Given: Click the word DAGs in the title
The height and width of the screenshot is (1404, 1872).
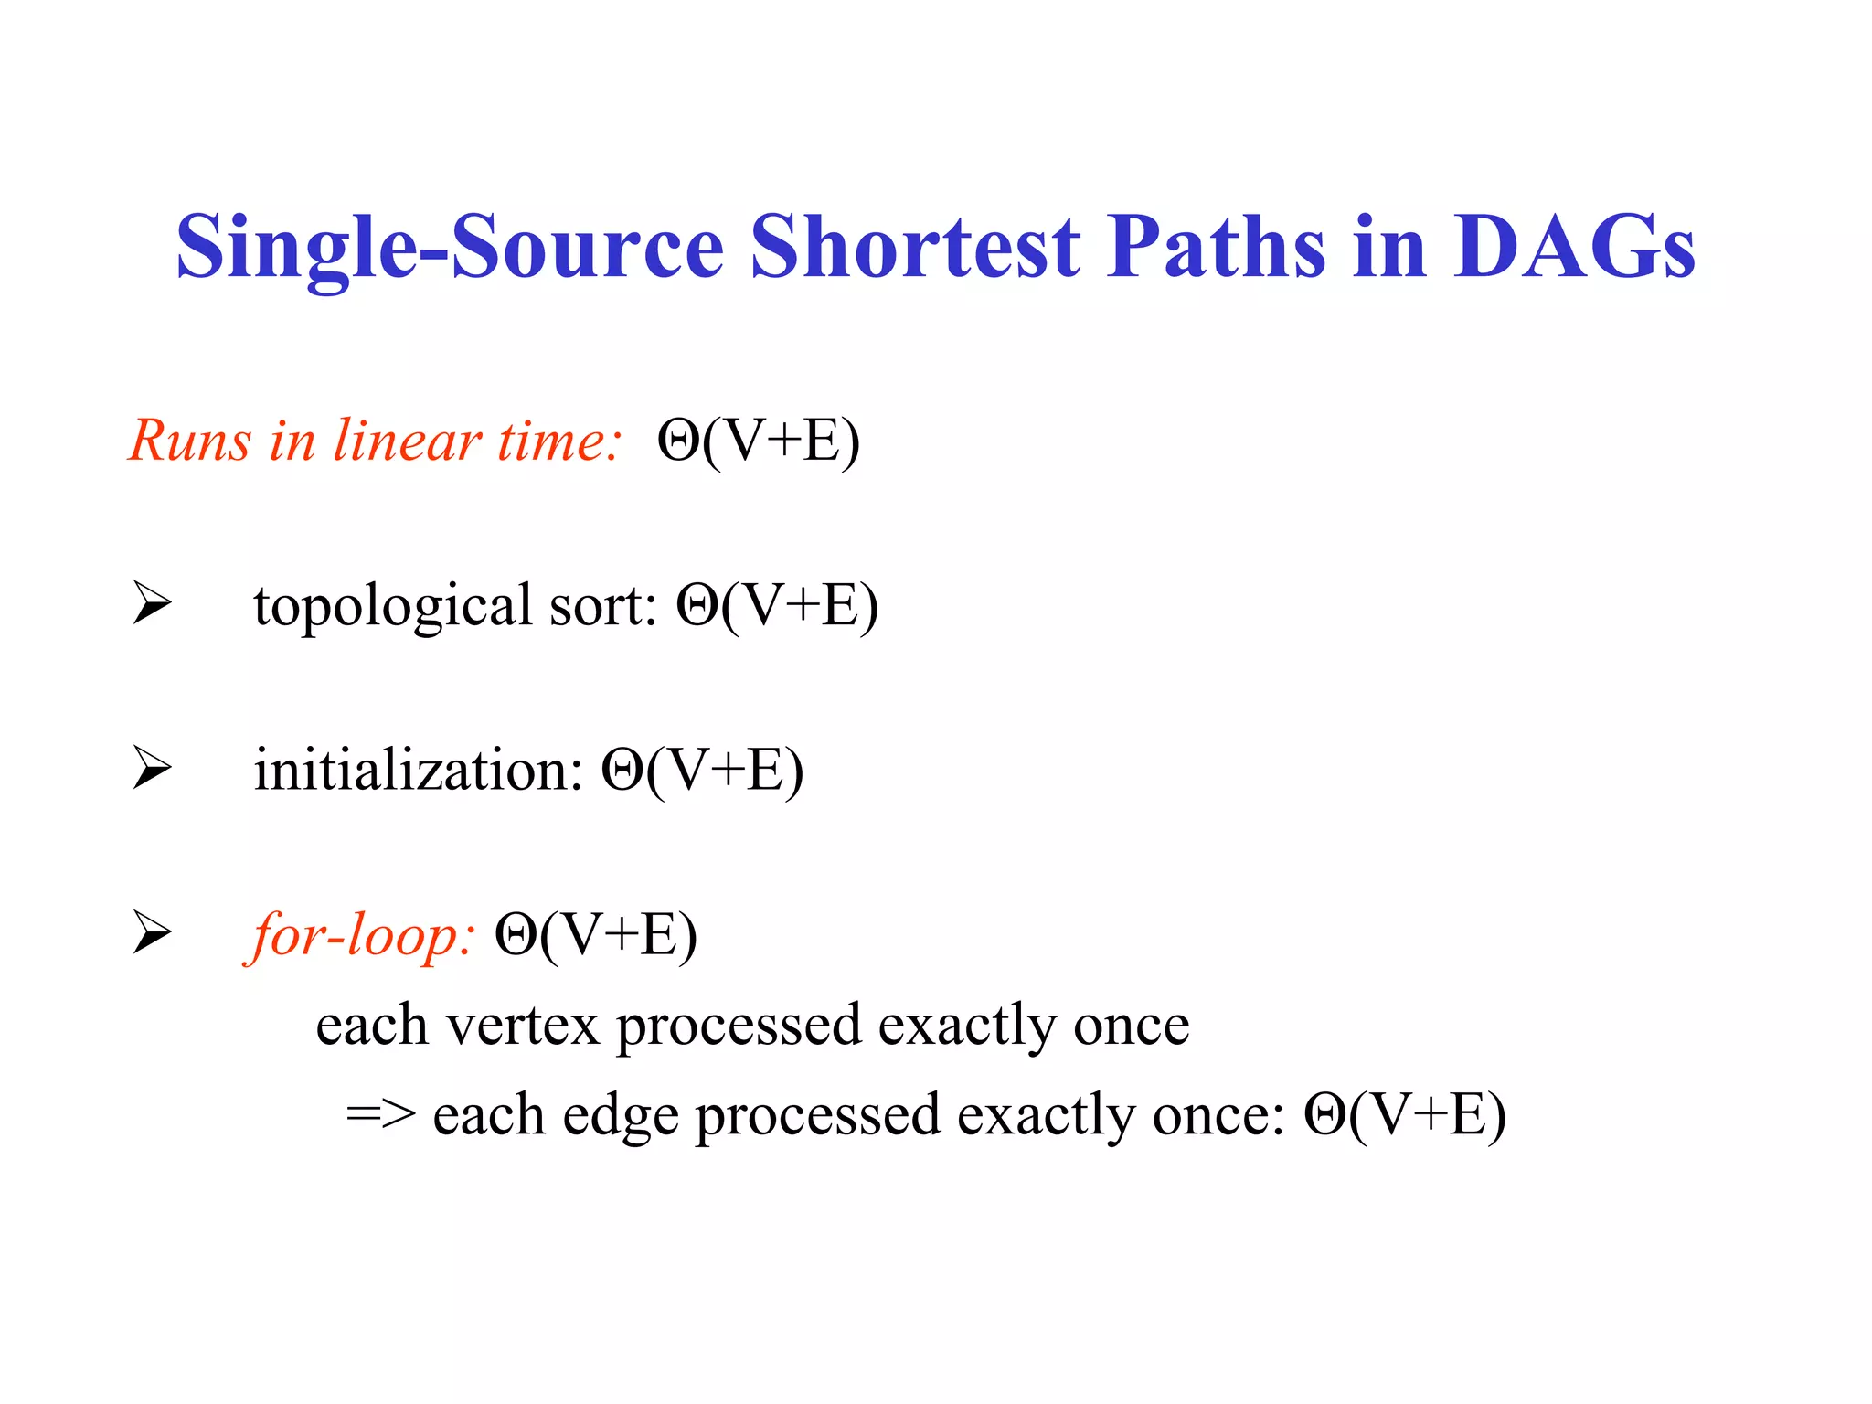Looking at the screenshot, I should pos(1574,247).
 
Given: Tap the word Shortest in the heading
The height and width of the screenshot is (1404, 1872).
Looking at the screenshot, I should pos(915,247).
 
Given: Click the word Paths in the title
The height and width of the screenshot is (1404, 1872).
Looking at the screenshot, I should pos(1216,247).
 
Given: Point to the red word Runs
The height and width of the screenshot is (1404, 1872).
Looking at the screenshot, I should pos(189,441).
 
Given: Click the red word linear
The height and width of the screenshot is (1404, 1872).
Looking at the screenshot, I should pos(407,441).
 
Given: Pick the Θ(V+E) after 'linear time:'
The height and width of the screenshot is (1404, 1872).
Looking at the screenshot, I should pos(759,442).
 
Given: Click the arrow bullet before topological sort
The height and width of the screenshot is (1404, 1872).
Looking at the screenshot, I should pos(152,603).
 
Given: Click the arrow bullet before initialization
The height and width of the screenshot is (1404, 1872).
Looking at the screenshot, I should pos(152,768).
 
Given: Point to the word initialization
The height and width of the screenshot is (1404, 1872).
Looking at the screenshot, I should pos(418,770).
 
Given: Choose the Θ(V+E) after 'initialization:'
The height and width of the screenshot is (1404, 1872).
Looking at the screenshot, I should pos(702,771).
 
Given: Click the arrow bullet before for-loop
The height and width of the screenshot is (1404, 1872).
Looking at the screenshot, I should pos(152,932).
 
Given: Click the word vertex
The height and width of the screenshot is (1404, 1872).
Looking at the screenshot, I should pos(522,1026).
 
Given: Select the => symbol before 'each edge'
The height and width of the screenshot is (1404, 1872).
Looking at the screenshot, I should pos(380,1115).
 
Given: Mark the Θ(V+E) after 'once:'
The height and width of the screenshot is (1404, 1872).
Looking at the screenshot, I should pos(1405,1115).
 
